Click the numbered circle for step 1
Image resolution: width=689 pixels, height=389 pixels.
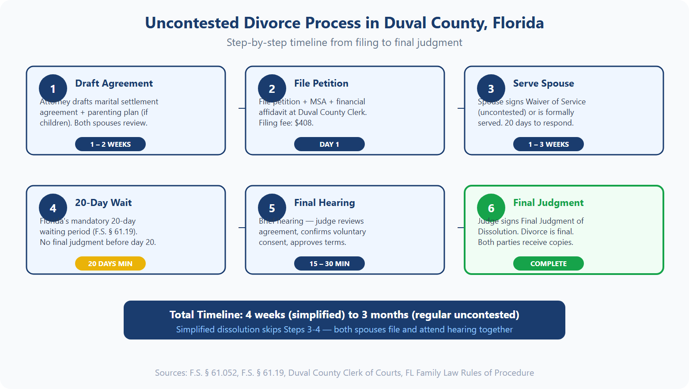[53, 88]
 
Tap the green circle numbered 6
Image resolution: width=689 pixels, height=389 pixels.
[491, 208]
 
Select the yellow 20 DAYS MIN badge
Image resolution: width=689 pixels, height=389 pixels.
[110, 263]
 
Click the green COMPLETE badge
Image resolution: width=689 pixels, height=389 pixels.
[548, 263]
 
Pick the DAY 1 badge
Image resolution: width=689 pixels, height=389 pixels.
[329, 144]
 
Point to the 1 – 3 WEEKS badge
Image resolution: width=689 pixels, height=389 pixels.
[548, 144]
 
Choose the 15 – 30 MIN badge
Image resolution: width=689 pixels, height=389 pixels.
[329, 263]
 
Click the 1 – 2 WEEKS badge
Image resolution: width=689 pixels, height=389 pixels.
[110, 144]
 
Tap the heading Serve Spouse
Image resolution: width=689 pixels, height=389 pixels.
[543, 84]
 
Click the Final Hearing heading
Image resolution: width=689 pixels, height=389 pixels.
[324, 203]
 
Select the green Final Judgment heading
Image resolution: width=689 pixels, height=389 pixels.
[548, 203]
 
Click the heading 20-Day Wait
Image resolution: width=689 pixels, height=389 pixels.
[103, 203]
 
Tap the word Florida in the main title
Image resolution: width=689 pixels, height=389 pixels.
[518, 23]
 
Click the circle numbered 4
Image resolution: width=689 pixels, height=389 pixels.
[53, 208]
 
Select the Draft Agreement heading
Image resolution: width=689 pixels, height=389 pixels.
[114, 84]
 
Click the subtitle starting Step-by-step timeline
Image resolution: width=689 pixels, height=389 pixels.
[344, 42]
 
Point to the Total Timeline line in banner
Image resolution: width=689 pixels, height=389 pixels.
[344, 315]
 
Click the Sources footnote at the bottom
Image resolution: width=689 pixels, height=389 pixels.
[344, 373]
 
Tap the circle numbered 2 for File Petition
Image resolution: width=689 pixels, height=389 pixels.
[272, 88]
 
